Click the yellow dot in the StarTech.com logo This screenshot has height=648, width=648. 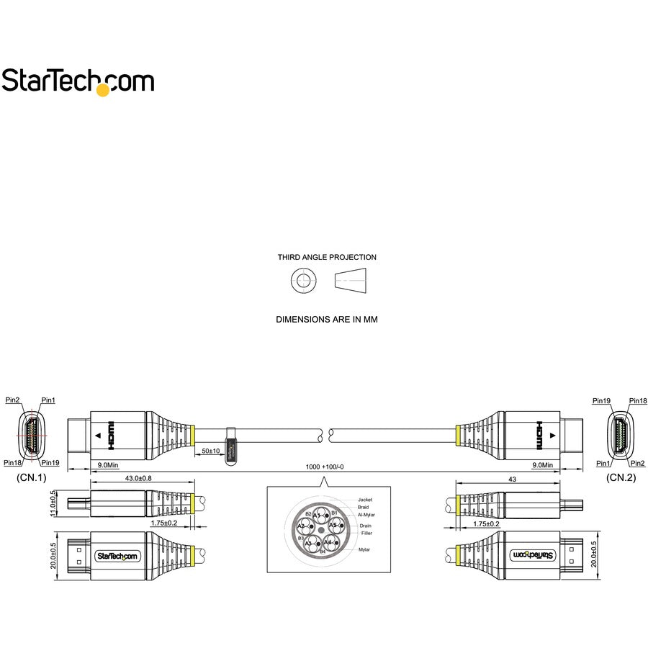pyautogui.click(x=103, y=90)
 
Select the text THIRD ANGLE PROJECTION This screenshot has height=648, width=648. pyautogui.click(x=327, y=257)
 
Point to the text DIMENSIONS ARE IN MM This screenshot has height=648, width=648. pyautogui.click(x=326, y=319)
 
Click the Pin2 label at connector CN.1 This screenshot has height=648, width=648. pyautogui.click(x=12, y=400)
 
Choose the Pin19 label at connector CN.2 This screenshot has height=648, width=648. pyautogui.click(x=601, y=400)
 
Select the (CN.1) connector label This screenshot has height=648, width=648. pyautogui.click(x=31, y=477)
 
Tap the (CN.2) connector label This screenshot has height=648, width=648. pyautogui.click(x=621, y=477)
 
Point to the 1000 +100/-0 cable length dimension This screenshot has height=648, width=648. pyautogui.click(x=325, y=467)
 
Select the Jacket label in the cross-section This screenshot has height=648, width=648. pyautogui.click(x=366, y=499)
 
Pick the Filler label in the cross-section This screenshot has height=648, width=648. pyautogui.click(x=366, y=533)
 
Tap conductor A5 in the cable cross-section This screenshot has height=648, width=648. pyautogui.click(x=333, y=526)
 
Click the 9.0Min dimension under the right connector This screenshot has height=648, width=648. pyautogui.click(x=543, y=465)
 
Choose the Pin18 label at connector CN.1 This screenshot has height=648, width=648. pyautogui.click(x=12, y=462)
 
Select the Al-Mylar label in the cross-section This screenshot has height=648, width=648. pyautogui.click(x=366, y=515)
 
